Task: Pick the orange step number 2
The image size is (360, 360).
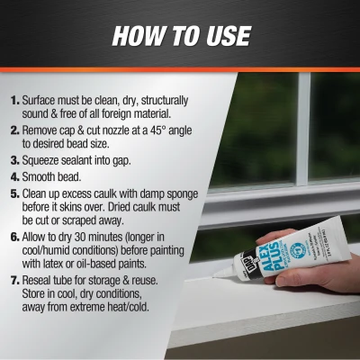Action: click(15, 129)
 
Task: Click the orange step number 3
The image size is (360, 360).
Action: click(15, 162)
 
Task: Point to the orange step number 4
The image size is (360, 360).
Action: click(15, 179)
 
